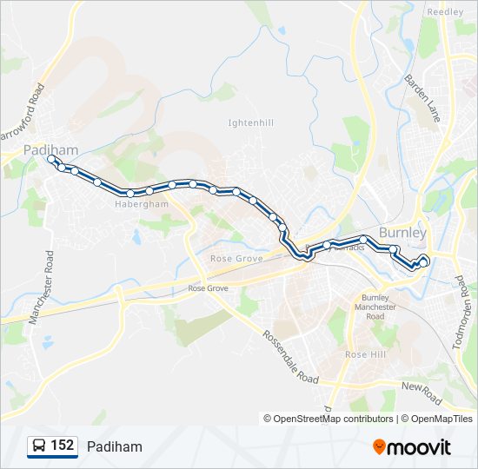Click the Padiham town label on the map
pyautogui.click(x=50, y=149)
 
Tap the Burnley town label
pyautogui.click(x=403, y=233)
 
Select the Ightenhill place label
pyautogui.click(x=250, y=122)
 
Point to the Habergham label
pyautogui.click(x=141, y=205)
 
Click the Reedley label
pyautogui.click(x=445, y=12)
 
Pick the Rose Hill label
pyautogui.click(x=365, y=354)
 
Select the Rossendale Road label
pyautogui.click(x=290, y=357)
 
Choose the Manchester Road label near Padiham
pyautogui.click(x=42, y=287)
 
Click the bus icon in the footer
pyautogui.click(x=40, y=446)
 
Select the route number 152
pyautogui.click(x=62, y=446)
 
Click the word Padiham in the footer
pyautogui.click(x=114, y=446)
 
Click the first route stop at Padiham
pyautogui.click(x=50, y=160)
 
